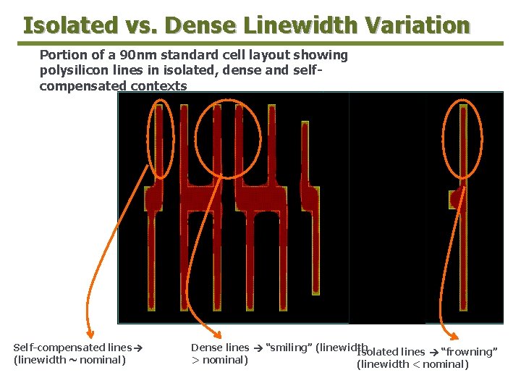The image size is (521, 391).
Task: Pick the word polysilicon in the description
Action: (x=72, y=71)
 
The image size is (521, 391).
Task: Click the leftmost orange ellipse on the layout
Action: (x=160, y=140)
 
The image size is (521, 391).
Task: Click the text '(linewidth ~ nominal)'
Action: (x=69, y=360)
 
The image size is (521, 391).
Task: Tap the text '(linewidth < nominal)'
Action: (x=412, y=364)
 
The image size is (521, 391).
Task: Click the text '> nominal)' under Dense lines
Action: (x=219, y=360)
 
